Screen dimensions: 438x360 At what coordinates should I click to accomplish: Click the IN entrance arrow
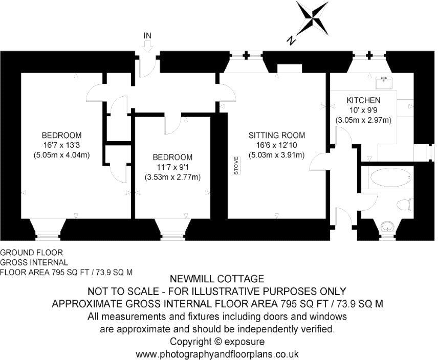coord(147,46)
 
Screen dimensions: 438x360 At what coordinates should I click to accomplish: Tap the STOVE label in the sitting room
coord(236,166)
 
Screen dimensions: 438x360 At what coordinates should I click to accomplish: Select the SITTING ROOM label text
coord(277,136)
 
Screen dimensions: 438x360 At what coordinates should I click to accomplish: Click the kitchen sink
coord(384,82)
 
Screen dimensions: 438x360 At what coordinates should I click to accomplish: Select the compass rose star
coord(313,18)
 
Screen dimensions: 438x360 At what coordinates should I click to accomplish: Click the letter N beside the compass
coord(291,40)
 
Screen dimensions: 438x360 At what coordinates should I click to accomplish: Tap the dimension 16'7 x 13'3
coord(61,145)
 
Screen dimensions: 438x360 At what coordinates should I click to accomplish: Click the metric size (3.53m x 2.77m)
coord(172,177)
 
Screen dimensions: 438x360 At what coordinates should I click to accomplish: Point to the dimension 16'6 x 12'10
coord(276,145)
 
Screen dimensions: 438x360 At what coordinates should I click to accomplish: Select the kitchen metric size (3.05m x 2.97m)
coord(363,120)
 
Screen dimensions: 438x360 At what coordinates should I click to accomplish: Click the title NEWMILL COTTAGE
coord(217,279)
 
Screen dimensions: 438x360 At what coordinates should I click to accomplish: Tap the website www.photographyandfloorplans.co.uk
coord(217,354)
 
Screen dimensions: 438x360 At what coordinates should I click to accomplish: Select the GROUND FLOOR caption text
coord(32,253)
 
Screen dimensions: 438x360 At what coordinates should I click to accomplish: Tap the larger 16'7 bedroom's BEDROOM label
coord(62,136)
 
